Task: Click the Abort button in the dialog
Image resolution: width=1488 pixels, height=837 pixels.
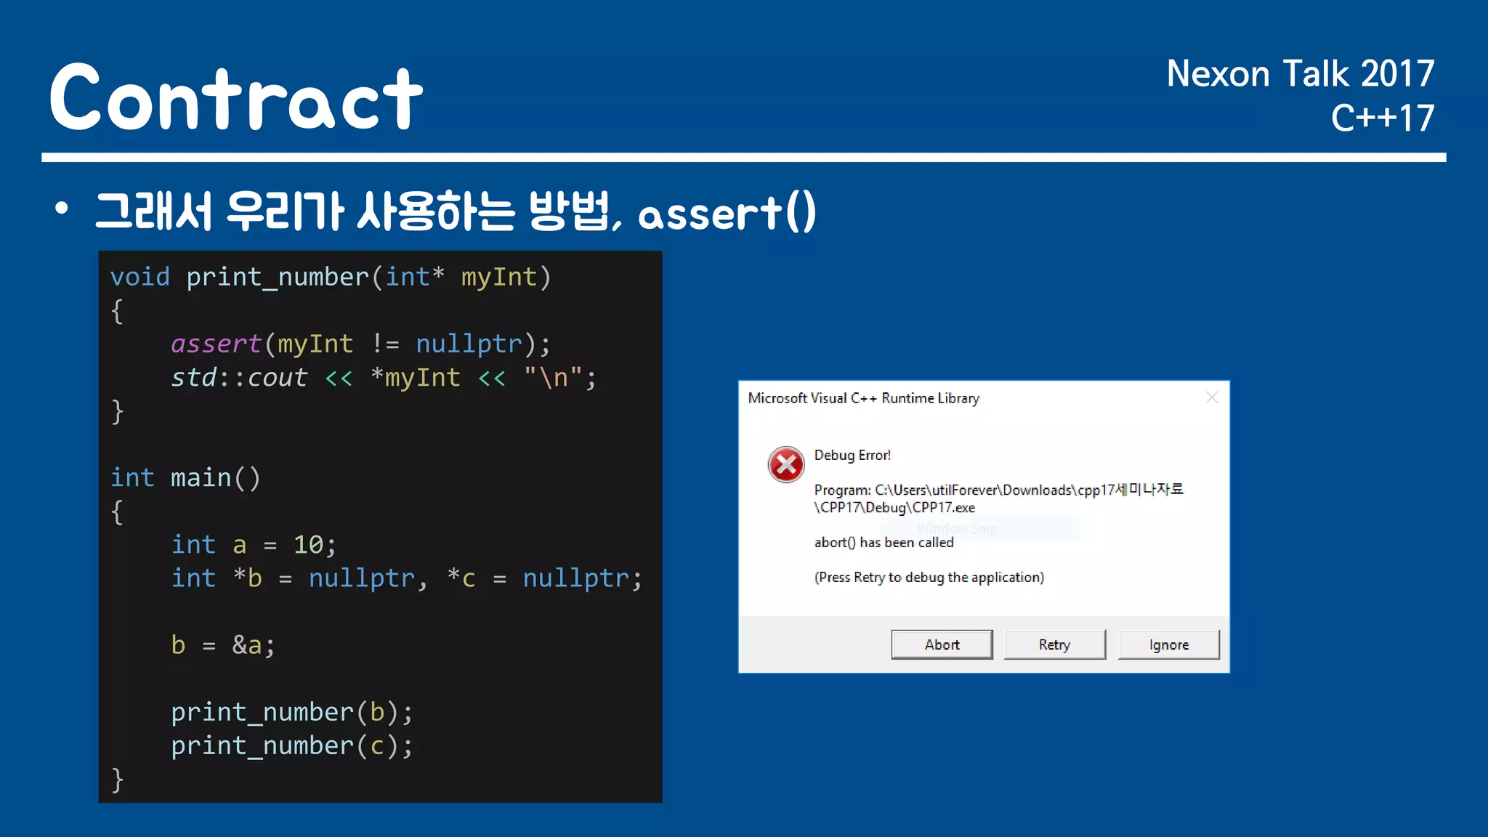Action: [x=942, y=644]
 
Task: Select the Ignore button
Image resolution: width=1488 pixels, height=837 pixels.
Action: [x=1168, y=644]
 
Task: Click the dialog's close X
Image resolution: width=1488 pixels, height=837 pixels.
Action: [x=1211, y=397]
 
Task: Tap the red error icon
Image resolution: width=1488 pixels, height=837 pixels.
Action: [x=786, y=464]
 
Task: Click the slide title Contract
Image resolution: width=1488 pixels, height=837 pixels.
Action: [x=236, y=98]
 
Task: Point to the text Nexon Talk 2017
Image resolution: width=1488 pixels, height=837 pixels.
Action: [x=1300, y=74]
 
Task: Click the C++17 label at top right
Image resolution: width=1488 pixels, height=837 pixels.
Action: [x=1382, y=118]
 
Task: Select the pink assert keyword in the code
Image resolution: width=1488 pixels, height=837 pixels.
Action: [x=216, y=344]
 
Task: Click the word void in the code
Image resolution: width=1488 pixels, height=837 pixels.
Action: [x=140, y=277]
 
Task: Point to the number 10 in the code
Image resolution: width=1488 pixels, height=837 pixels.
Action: [x=308, y=544]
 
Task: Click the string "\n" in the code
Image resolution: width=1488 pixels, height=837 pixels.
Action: [x=553, y=377]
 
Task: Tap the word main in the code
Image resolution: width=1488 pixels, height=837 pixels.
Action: [x=201, y=477]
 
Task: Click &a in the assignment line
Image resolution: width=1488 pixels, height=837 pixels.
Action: [x=247, y=644]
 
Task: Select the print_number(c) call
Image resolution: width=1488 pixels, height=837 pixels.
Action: [x=291, y=745]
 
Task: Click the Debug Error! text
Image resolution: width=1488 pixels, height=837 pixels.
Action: [x=852, y=455]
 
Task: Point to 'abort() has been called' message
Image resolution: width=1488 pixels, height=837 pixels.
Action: [x=883, y=542]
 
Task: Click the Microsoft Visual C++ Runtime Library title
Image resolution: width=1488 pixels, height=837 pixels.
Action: [x=863, y=398]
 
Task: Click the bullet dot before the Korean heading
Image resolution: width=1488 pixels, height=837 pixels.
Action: [x=62, y=209]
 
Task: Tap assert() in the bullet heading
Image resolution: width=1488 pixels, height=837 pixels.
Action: [x=727, y=214]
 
